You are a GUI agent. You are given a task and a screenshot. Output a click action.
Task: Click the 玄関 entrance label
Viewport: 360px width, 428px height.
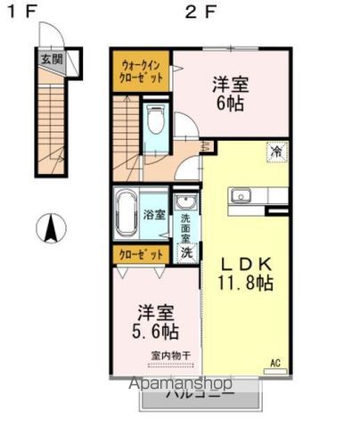pos(52,61)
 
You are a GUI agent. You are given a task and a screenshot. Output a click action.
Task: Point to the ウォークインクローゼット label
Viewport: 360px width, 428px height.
pos(141,71)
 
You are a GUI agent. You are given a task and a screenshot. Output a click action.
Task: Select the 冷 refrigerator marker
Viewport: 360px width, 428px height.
pos(277,151)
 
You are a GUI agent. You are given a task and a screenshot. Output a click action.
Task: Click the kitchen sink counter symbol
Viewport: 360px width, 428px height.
pos(242,196)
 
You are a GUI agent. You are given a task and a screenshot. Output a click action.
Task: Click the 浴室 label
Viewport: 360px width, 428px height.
pos(154,214)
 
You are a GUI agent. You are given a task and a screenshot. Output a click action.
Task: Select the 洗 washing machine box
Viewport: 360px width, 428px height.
pos(186,252)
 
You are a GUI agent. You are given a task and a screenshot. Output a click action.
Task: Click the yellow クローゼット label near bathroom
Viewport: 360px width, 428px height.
pos(141,253)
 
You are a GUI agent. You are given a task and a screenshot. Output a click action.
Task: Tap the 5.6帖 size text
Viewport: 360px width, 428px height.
pos(156,331)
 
